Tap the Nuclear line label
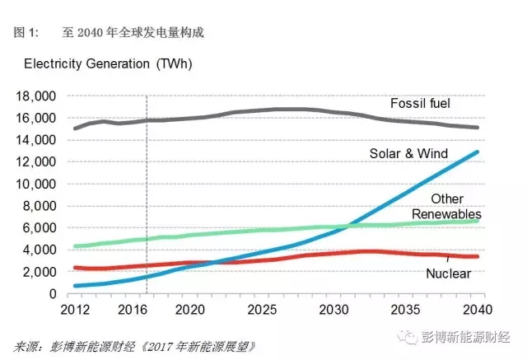pos(447,273)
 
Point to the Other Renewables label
pos(447,207)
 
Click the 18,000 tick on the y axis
pos(36,96)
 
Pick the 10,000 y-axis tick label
pos(36,184)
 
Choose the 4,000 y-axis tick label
pos(40,250)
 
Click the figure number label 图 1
pos(26,33)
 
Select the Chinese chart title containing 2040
pos(132,33)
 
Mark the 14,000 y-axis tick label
pos(36,140)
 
